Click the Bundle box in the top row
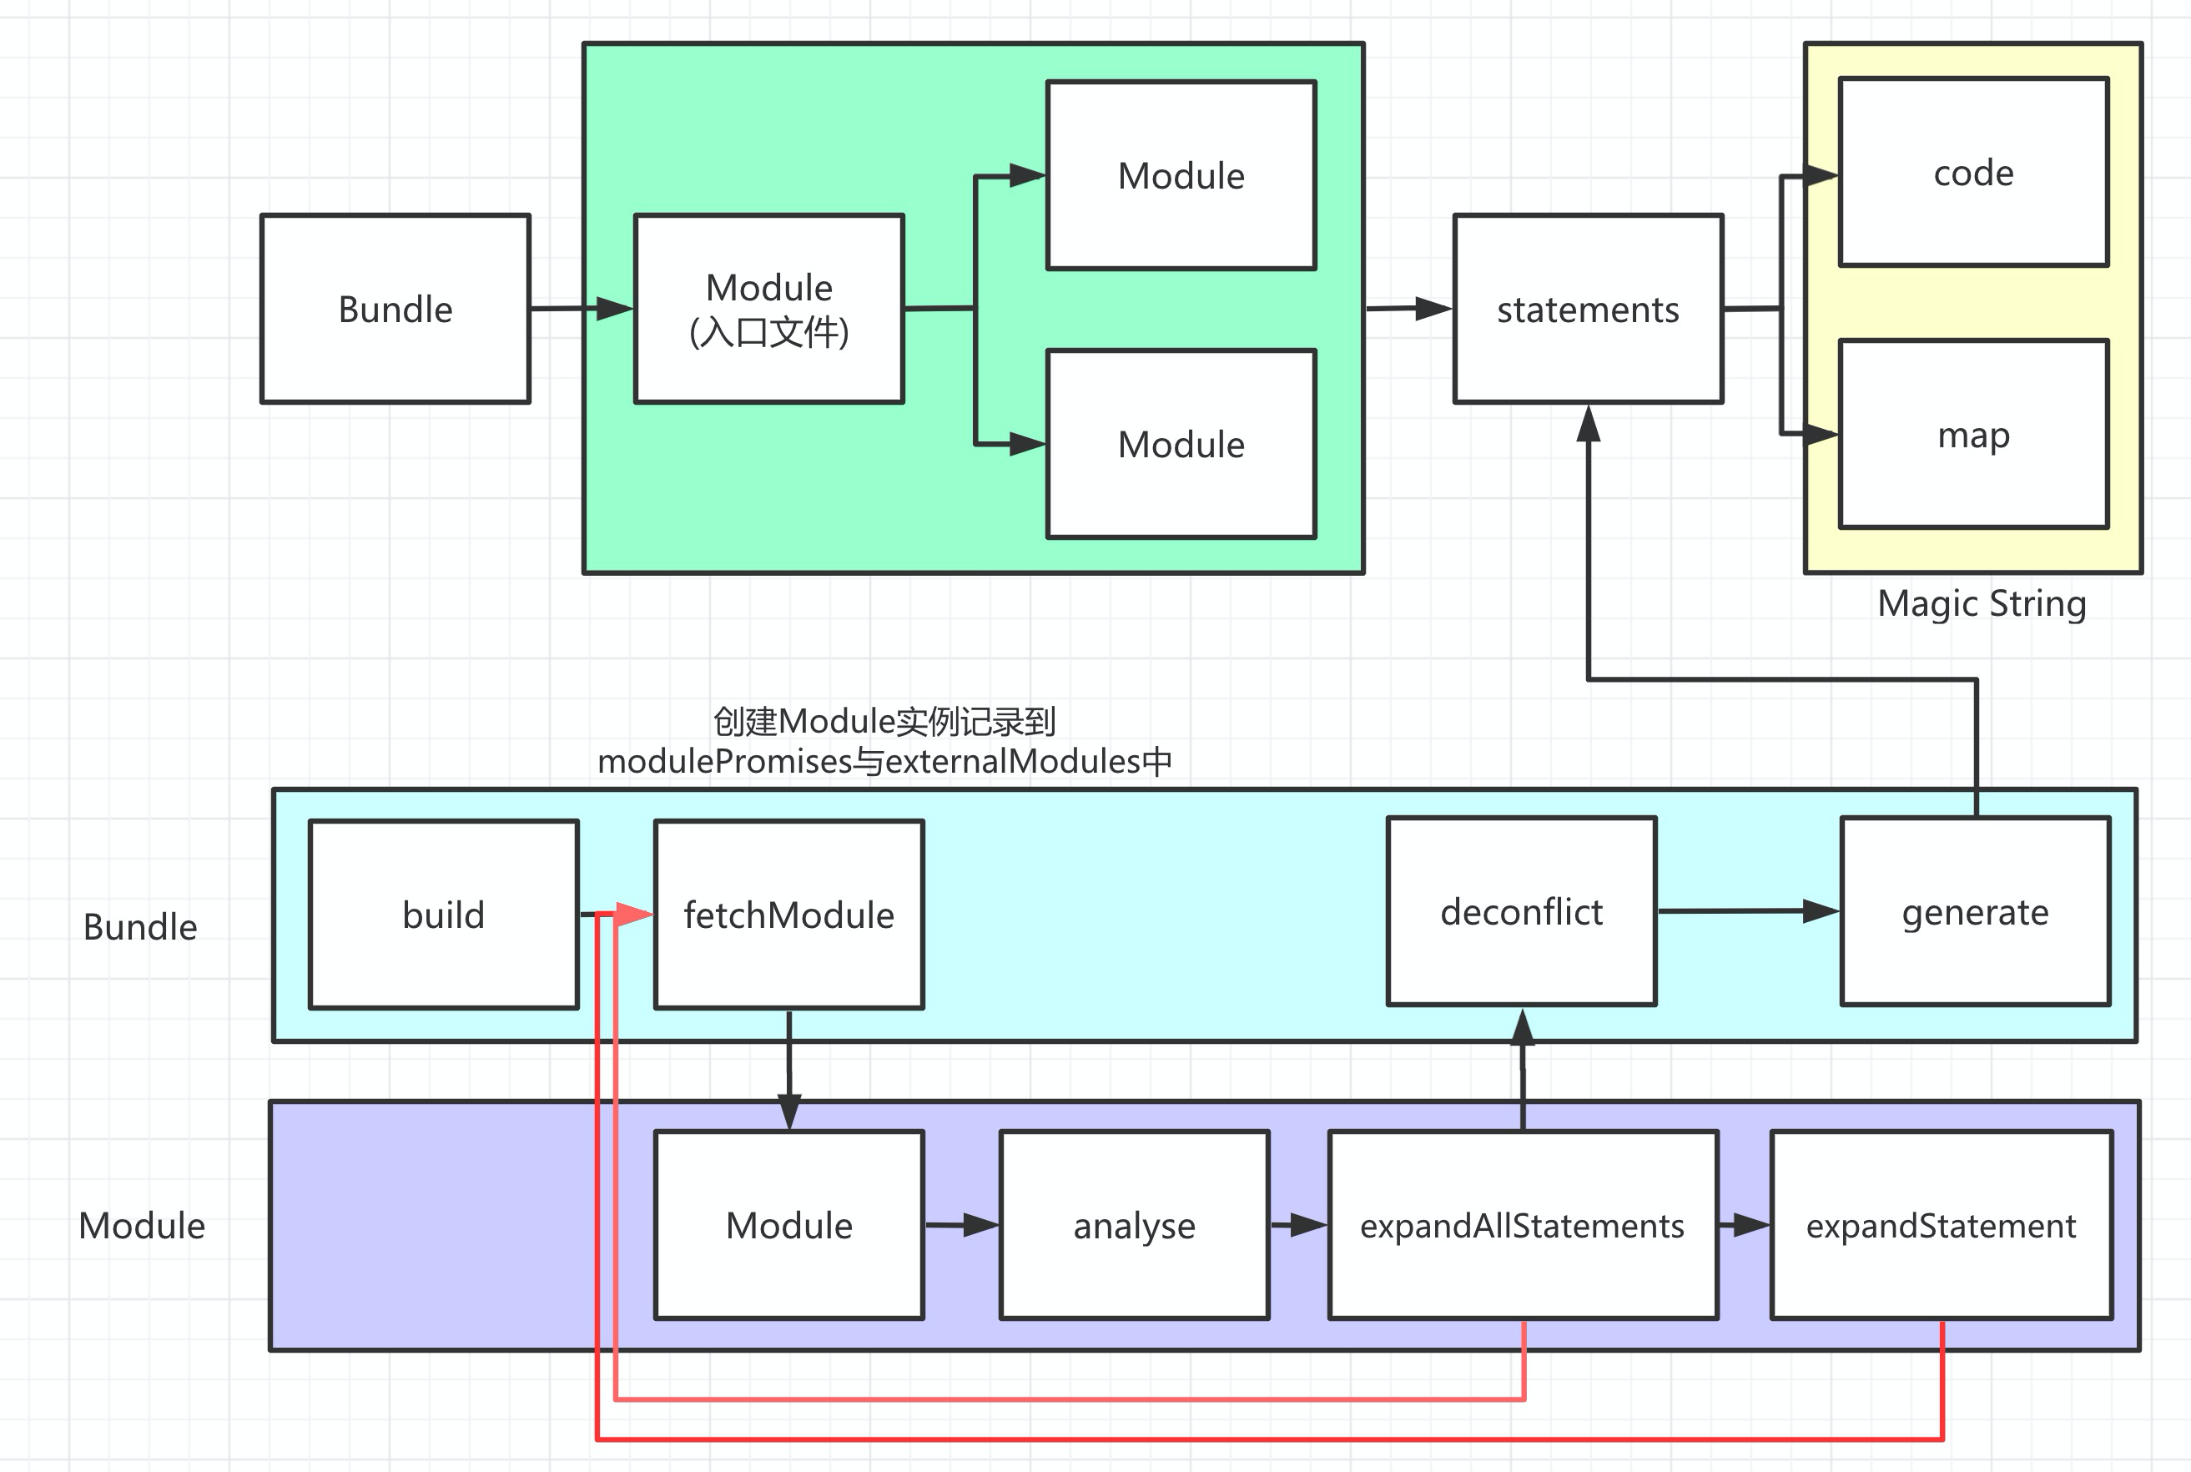[x=395, y=309]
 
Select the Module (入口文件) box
[x=768, y=309]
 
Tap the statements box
[x=1588, y=309]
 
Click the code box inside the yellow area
[x=1973, y=173]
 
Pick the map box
[x=1973, y=435]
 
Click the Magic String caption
[x=1981, y=603]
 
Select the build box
[x=443, y=915]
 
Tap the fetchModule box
[x=788, y=915]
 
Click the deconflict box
[x=1521, y=911]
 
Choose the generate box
[x=1975, y=911]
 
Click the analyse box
[x=1134, y=1225]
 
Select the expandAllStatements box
[x=1522, y=1225]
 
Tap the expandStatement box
[x=1941, y=1225]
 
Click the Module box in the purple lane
[x=788, y=1225]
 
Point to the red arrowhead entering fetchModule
[x=635, y=914]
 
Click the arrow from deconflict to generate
[x=1746, y=910]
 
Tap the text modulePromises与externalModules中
[x=884, y=761]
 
